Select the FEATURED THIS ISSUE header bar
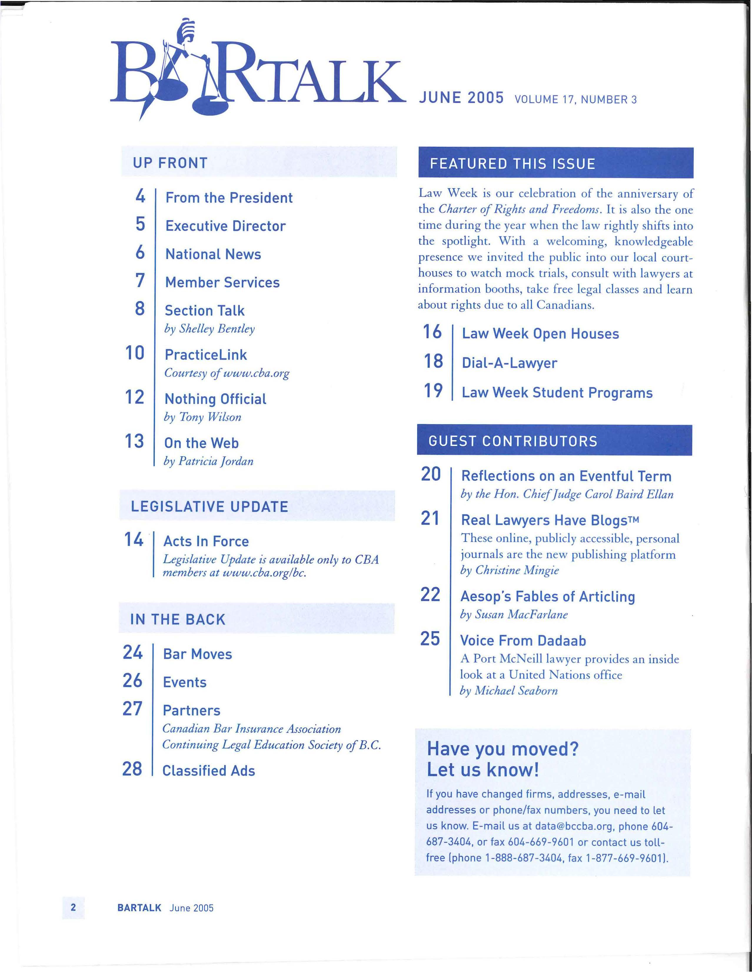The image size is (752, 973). [x=556, y=163]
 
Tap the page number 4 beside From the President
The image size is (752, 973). [x=140, y=196]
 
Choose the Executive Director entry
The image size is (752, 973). [x=225, y=226]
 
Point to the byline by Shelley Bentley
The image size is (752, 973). [x=209, y=329]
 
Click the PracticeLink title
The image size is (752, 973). [x=206, y=355]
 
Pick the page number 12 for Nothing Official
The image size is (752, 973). [x=134, y=397]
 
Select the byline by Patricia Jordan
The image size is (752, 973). [x=208, y=461]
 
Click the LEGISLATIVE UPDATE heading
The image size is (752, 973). [x=209, y=507]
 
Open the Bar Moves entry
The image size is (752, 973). [x=197, y=654]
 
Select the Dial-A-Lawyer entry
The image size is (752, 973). [x=509, y=363]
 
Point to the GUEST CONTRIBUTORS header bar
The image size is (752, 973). [x=554, y=441]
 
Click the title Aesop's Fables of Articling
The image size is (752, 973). [x=548, y=596]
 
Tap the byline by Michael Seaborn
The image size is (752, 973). [x=508, y=691]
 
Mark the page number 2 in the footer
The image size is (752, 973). [x=74, y=908]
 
